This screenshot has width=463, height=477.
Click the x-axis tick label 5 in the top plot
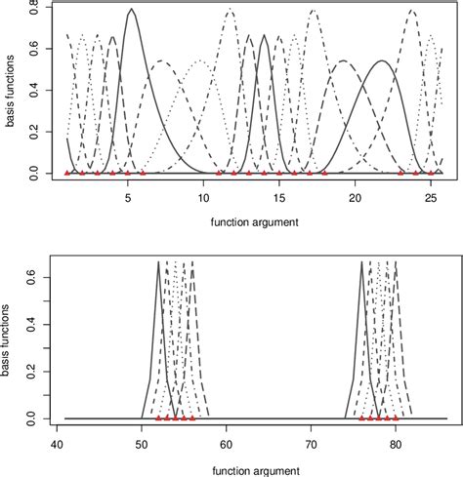pyautogui.click(x=128, y=197)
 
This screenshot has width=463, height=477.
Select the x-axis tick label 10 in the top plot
pyautogui.click(x=203, y=197)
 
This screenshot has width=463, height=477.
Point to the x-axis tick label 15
pyautogui.click(x=279, y=197)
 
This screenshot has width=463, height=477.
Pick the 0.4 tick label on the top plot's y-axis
pyautogui.click(x=36, y=91)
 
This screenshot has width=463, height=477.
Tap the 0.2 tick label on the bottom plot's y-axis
pyautogui.click(x=36, y=367)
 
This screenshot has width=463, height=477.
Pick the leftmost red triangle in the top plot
pyautogui.click(x=67, y=173)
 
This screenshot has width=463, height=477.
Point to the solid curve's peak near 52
pyautogui.click(x=158, y=262)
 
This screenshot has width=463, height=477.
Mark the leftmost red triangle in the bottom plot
pyautogui.click(x=158, y=417)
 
